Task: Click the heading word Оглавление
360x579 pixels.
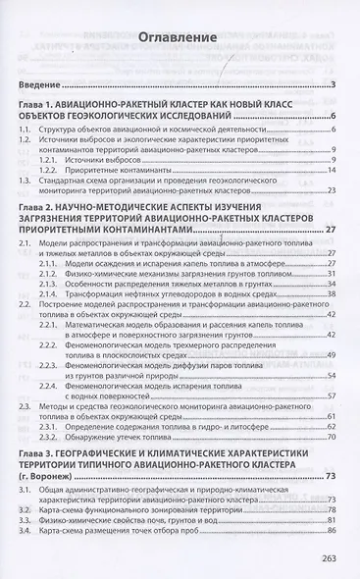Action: pyautogui.click(x=178, y=39)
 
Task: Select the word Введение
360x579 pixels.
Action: pyautogui.click(x=40, y=85)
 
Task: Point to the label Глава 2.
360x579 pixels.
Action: pyautogui.click(x=39, y=209)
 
